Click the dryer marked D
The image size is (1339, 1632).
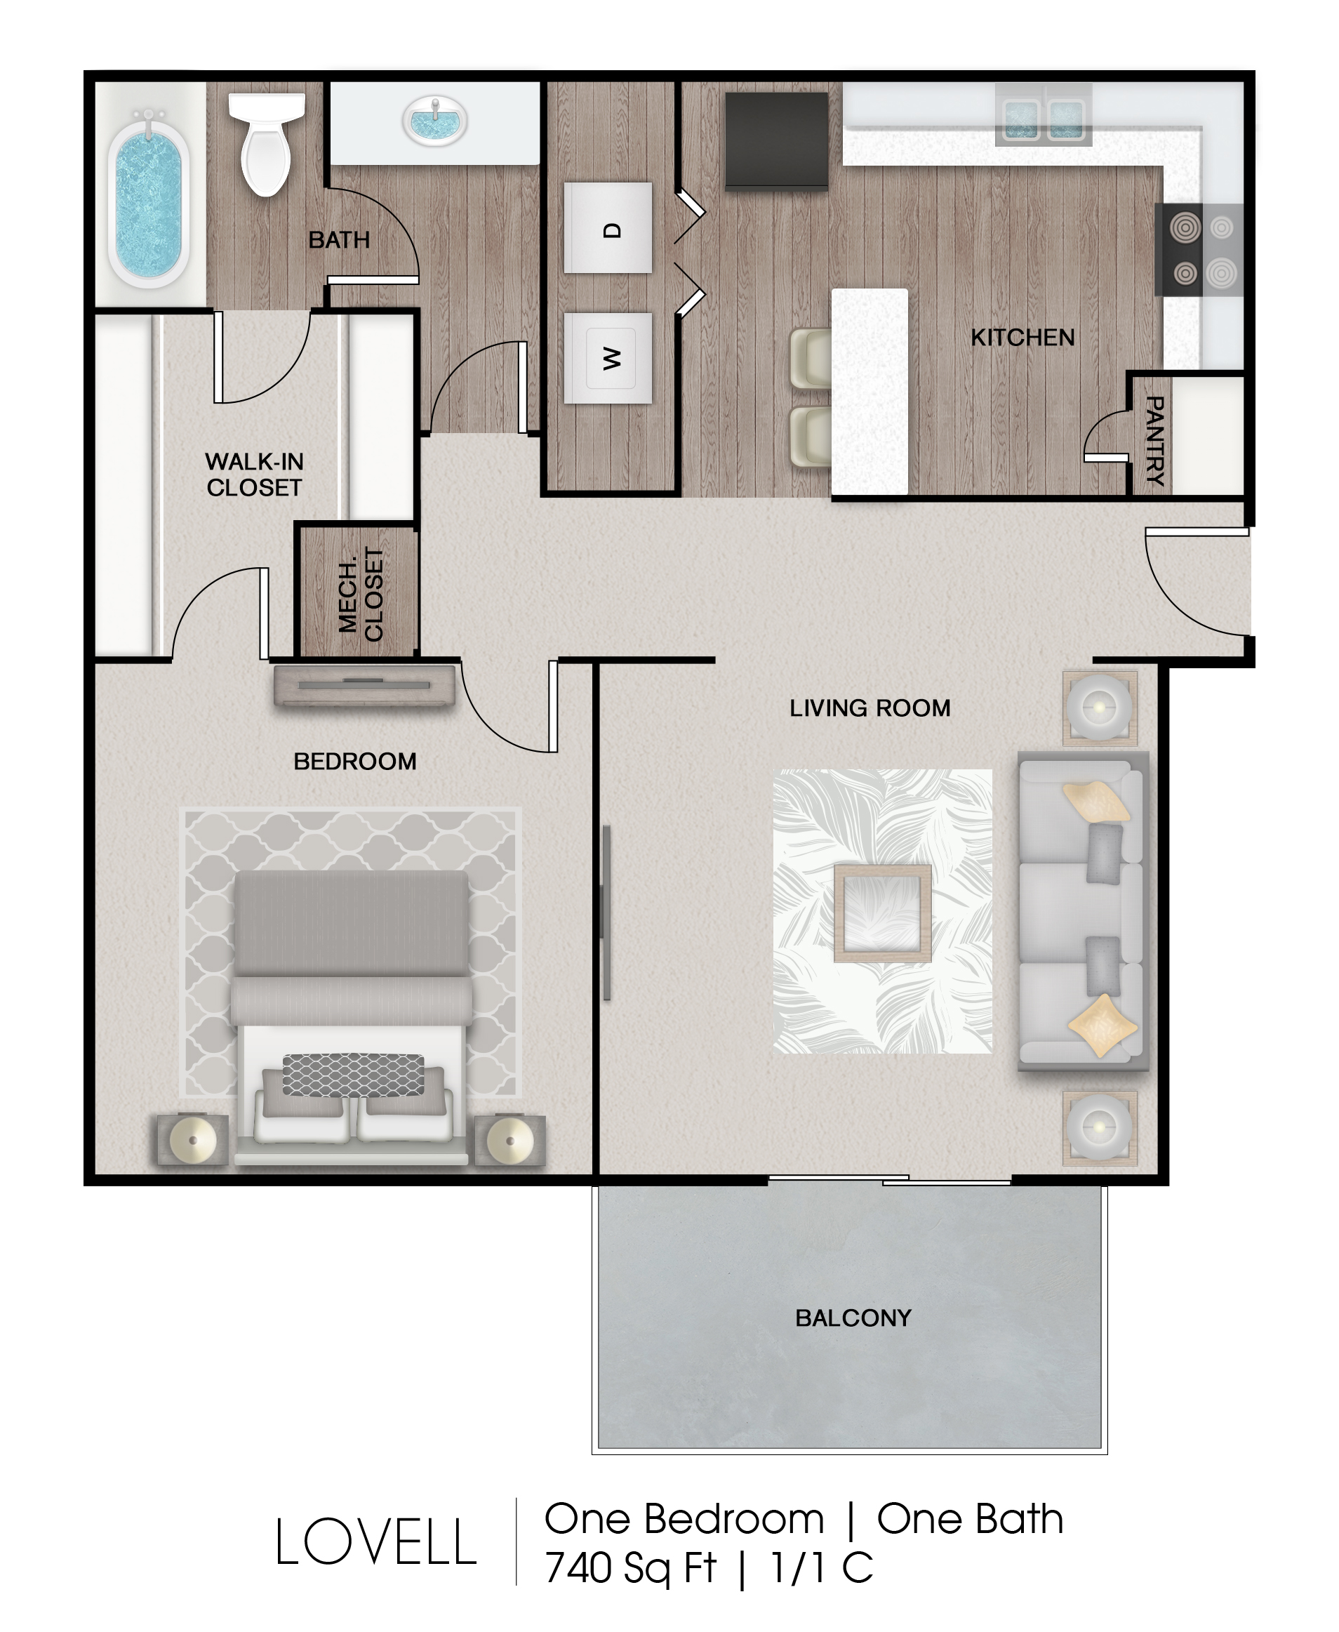pos(608,227)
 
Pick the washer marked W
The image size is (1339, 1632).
pos(608,358)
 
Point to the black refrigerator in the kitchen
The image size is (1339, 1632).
pos(776,140)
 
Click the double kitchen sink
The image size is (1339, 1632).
pos(1044,116)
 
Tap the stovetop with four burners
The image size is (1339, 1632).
pos(1199,250)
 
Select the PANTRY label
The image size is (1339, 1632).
pos(1154,440)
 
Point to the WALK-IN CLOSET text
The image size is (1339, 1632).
pos(255,475)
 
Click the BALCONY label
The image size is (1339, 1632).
pos(853,1318)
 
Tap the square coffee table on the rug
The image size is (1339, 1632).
pos(882,913)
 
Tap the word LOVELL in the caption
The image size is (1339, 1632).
pos(375,1541)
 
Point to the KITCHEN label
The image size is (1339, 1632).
pos(1022,337)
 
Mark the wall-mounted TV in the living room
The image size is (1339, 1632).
pos(606,913)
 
